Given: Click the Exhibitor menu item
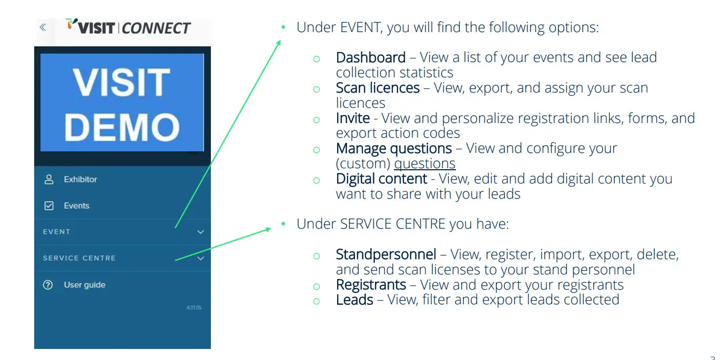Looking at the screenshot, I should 80,179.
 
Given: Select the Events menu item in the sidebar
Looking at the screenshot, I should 76,205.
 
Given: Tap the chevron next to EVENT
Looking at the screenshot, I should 200,232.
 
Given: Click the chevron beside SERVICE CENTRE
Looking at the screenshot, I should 200,258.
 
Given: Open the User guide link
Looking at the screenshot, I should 84,285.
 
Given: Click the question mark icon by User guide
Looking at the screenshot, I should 48,285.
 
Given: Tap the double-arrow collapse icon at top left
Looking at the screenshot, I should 43,27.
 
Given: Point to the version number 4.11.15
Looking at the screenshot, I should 194,307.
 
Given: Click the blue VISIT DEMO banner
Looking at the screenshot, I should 122,102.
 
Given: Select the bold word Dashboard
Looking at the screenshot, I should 370,57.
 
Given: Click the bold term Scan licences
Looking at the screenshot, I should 377,88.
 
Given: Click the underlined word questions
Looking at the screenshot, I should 424,163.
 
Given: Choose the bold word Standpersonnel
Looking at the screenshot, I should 385,254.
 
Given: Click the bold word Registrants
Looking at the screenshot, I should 371,285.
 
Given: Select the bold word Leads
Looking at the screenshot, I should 354,300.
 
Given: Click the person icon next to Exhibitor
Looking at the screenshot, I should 49,179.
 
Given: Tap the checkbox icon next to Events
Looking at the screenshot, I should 49,205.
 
